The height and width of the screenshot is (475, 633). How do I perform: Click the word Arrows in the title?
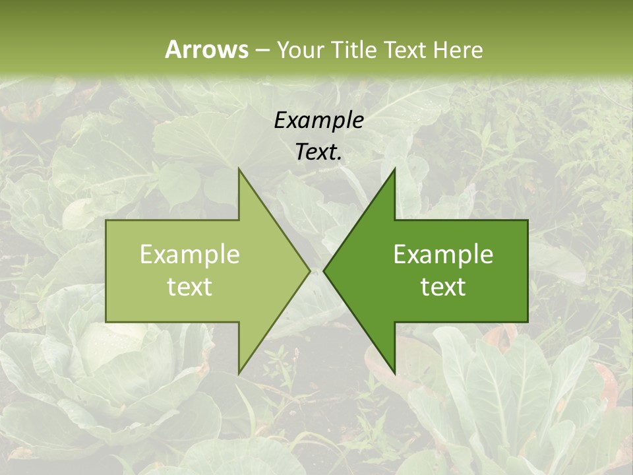click(x=206, y=49)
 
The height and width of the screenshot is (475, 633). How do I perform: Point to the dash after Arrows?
click(x=262, y=51)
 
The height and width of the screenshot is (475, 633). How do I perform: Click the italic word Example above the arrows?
click(x=318, y=120)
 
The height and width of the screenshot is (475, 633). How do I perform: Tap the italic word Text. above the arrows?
click(x=318, y=152)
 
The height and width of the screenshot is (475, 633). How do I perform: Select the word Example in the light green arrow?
click(x=190, y=255)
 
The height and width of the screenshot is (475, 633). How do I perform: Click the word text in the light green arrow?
click(x=190, y=286)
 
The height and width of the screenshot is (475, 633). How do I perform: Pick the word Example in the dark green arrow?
click(x=443, y=255)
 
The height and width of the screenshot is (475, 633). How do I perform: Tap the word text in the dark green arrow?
click(x=443, y=286)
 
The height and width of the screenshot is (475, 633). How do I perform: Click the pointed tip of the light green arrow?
click(x=309, y=270)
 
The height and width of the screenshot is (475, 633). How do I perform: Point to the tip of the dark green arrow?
click(x=324, y=270)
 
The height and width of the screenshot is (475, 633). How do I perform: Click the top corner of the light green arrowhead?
click(x=239, y=169)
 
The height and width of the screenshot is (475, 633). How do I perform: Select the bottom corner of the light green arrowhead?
click(x=239, y=373)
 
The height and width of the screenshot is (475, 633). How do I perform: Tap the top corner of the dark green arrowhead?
click(x=394, y=169)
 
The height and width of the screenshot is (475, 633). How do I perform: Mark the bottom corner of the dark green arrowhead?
click(x=394, y=373)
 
